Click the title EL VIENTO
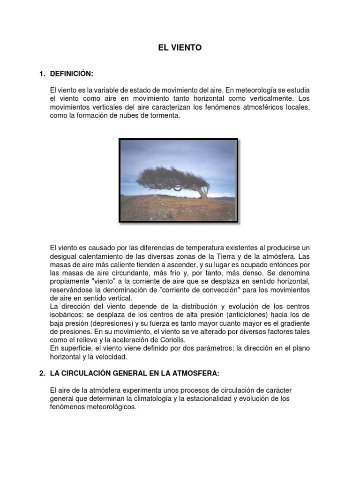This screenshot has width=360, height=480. (x=180, y=47)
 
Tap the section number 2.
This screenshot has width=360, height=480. (x=42, y=373)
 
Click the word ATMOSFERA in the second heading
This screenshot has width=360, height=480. (x=197, y=373)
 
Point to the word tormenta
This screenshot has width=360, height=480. (x=164, y=115)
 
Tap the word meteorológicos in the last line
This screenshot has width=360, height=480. (x=108, y=407)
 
